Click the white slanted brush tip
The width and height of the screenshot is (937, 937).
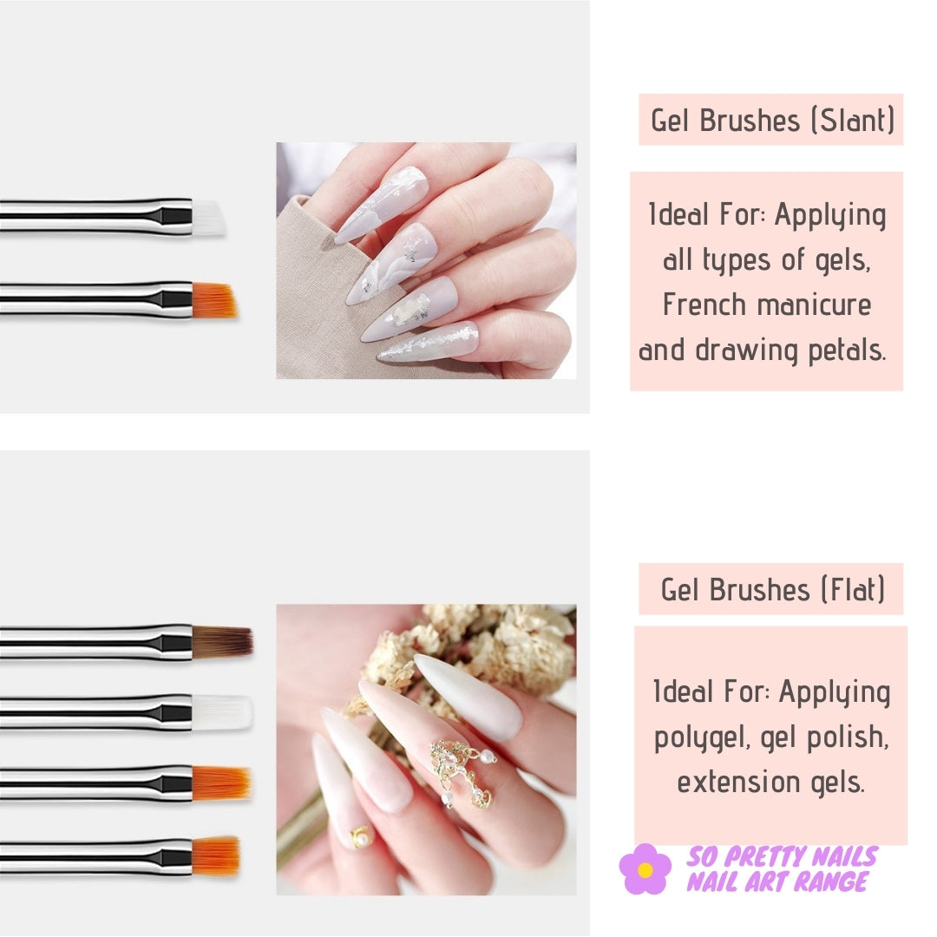(208, 217)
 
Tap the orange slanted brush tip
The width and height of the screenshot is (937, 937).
(214, 300)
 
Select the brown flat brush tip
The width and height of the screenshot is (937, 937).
(222, 642)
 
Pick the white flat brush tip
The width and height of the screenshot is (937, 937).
(222, 711)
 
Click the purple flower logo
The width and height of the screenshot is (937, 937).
(645, 868)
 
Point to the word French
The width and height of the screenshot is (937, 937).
(704, 305)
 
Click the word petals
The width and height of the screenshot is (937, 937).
(847, 350)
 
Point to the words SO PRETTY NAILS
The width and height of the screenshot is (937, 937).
(782, 856)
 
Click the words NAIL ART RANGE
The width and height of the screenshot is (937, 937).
(776, 881)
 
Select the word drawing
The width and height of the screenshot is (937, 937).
(746, 351)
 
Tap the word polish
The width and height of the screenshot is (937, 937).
(848, 737)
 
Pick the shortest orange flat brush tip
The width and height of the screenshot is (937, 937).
(216, 855)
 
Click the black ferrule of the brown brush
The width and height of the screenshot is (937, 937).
(175, 642)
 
